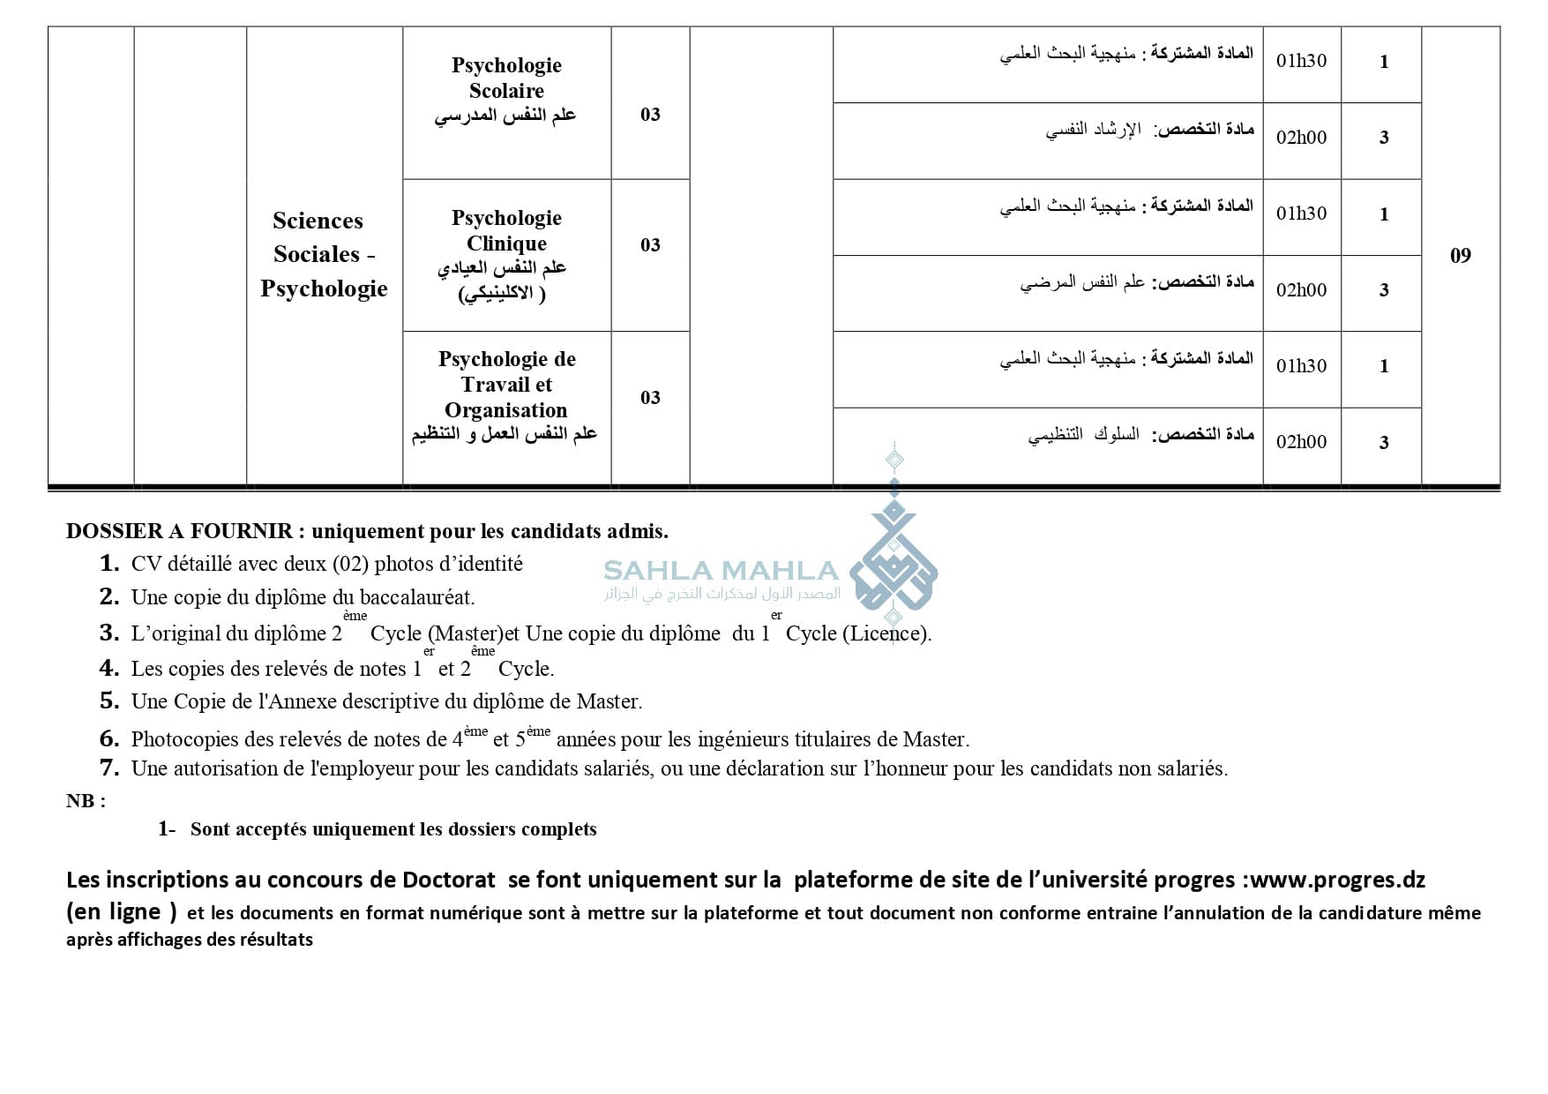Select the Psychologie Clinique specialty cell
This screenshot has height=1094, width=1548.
pos(506,254)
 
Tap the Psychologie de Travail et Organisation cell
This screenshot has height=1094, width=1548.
pos(506,396)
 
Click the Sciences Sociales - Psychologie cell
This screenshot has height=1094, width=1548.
pos(324,254)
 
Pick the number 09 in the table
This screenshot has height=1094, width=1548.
pos(1461,256)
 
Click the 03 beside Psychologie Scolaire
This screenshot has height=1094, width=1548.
pos(650,115)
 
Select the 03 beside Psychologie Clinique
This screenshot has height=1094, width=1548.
pos(650,245)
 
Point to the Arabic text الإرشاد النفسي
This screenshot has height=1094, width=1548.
pos(1094,131)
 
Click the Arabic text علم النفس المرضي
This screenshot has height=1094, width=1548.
pos(1083,282)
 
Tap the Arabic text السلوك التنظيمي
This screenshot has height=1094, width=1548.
pos(1083,435)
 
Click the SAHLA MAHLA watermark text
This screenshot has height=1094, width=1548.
pos(721,571)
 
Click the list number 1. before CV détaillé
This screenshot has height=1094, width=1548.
pos(109,563)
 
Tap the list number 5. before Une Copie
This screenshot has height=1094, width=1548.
pos(109,701)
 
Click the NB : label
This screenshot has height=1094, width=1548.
pos(86,801)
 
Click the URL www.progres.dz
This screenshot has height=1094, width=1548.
pos(1338,880)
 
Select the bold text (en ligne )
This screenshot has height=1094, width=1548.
pos(122,911)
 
